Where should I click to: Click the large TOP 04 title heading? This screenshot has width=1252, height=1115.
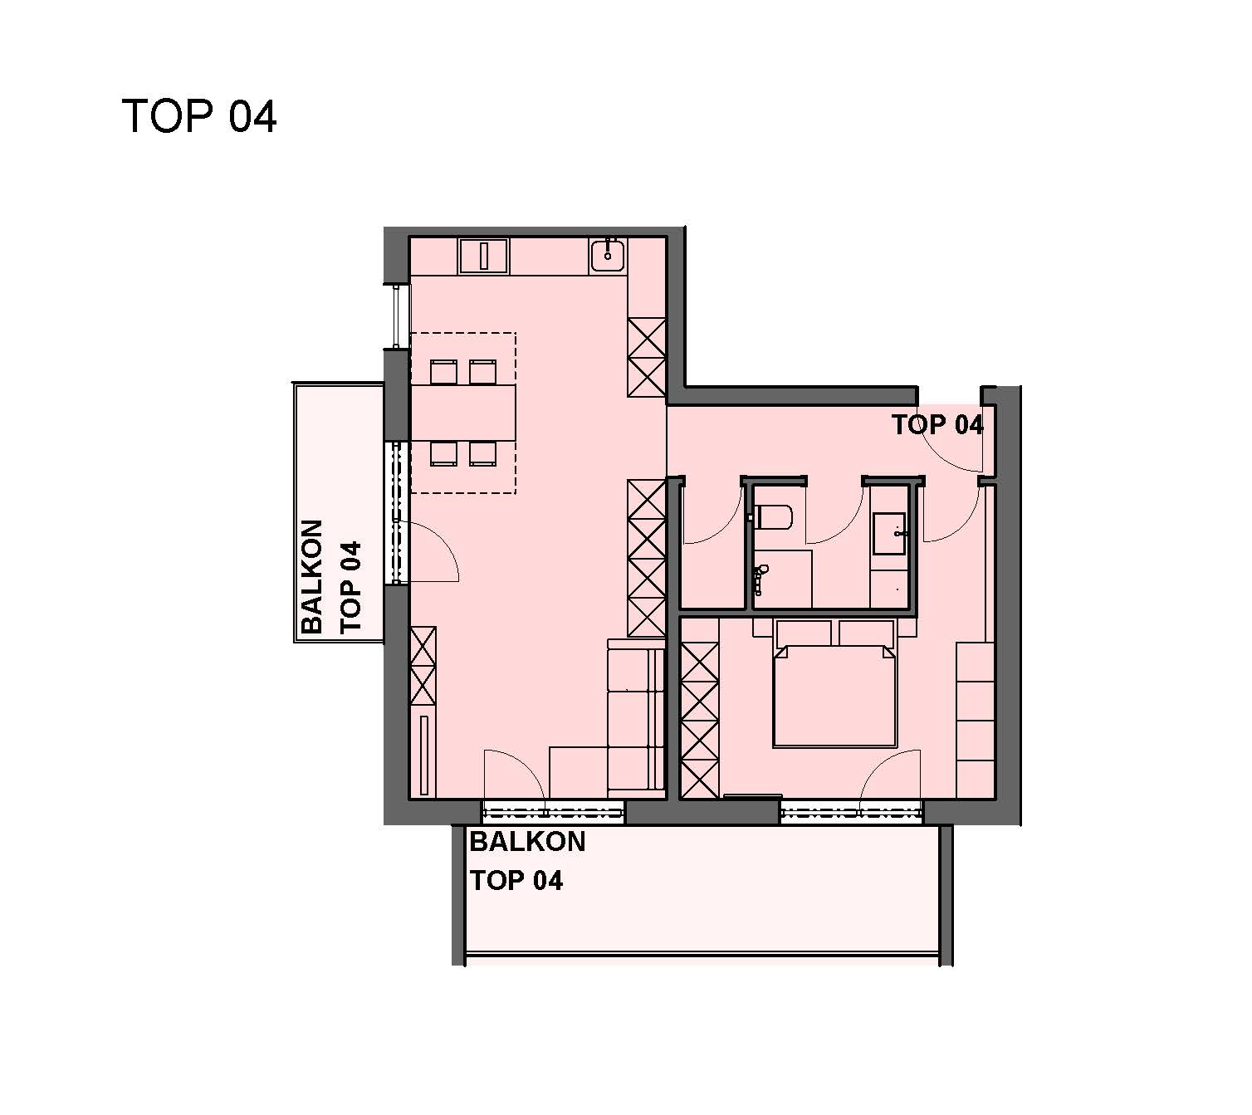pos(199,116)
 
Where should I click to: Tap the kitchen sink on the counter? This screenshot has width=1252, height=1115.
pos(608,255)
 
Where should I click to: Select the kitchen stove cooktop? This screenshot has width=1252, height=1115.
pos(483,256)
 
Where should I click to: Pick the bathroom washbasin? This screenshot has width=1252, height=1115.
pos(889,533)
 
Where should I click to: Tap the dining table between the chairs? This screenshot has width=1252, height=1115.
pos(463,413)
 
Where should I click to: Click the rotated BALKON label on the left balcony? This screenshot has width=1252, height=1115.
pos(312,576)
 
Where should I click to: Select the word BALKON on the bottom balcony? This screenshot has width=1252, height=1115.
pos(527,842)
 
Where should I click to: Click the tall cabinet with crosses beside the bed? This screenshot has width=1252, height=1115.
pos(700,720)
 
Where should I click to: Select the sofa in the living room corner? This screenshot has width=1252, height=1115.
pos(636,717)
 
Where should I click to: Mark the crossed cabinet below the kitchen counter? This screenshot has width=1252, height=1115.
pos(647,357)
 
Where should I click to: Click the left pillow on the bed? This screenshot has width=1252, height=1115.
pos(804,633)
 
